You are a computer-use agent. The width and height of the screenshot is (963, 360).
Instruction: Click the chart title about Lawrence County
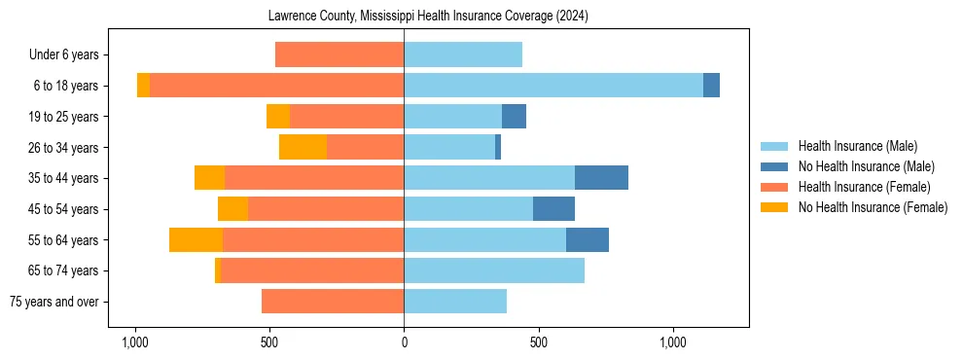pyautogui.click(x=428, y=17)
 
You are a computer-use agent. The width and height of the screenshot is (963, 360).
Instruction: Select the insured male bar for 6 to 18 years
pyautogui.click(x=553, y=86)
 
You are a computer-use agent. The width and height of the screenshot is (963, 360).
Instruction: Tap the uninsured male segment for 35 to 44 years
pyautogui.click(x=601, y=178)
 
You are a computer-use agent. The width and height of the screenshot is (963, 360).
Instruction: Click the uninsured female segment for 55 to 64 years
pyautogui.click(x=196, y=239)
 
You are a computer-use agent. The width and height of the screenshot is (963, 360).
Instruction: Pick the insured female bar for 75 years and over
pyautogui.click(x=333, y=302)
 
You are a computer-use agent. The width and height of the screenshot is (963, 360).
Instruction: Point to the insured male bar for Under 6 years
pyautogui.click(x=463, y=54)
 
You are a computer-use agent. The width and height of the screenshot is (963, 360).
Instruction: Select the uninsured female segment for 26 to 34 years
pyautogui.click(x=303, y=147)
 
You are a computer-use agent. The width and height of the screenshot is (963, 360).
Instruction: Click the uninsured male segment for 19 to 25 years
pyautogui.click(x=514, y=117)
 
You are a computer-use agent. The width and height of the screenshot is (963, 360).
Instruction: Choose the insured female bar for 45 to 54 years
pyautogui.click(x=326, y=209)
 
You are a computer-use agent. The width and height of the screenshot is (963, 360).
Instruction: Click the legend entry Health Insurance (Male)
pyautogui.click(x=857, y=146)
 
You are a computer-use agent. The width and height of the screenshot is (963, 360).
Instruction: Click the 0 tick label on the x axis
pyautogui.click(x=404, y=343)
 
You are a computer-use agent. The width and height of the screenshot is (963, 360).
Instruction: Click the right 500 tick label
pyautogui.click(x=538, y=343)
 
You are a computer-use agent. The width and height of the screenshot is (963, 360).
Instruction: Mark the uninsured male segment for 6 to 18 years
pyautogui.click(x=711, y=86)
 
